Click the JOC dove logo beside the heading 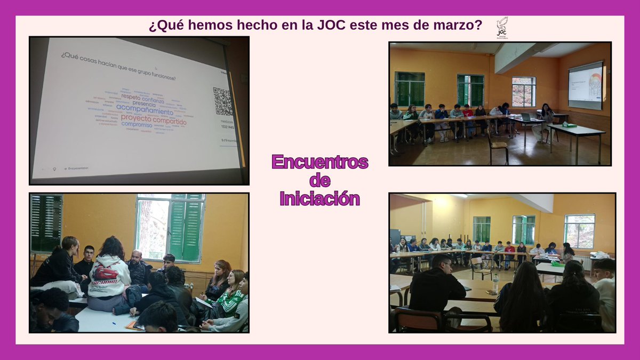[502, 26]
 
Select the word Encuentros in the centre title [319, 162]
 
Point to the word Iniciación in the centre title [319, 198]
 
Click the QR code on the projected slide [223, 101]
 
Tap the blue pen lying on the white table [113, 322]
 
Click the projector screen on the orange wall [585, 85]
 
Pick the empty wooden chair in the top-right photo [498, 146]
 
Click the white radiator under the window [584, 263]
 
